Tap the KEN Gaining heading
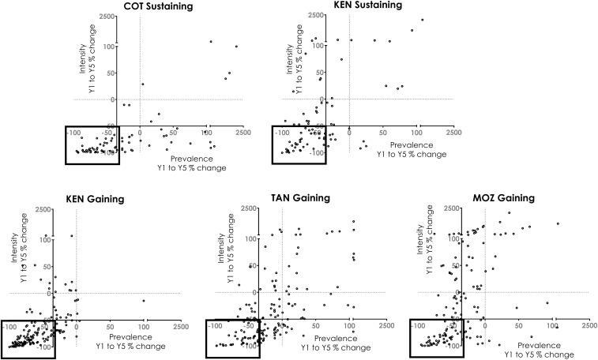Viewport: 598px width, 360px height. click(92, 199)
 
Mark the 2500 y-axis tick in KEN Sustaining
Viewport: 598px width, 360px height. click(316, 16)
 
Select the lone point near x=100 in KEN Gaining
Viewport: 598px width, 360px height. click(144, 301)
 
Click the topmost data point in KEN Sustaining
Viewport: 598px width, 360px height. click(423, 20)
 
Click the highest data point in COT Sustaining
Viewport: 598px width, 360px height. click(210, 41)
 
